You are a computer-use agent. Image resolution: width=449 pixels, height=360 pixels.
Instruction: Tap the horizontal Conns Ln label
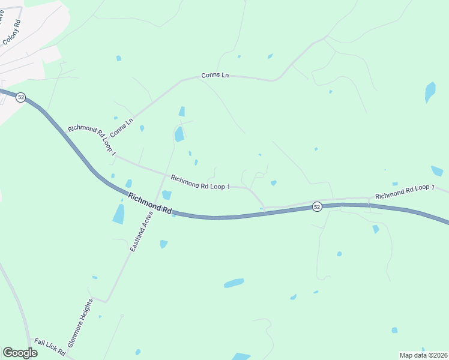tap(214, 76)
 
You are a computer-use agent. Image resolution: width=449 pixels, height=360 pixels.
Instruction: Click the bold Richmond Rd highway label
tap(150, 204)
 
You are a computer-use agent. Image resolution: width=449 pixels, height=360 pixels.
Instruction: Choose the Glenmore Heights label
tap(81, 323)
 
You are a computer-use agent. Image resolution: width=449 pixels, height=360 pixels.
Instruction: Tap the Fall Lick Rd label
tap(49, 346)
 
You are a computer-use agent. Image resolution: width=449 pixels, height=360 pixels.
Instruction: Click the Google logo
tap(20, 352)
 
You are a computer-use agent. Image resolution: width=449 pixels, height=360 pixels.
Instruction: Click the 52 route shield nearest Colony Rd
tap(20, 97)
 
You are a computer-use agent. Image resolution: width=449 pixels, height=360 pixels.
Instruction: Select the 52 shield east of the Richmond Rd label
tap(317, 207)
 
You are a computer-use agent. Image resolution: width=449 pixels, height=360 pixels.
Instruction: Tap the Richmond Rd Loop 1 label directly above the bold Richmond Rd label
tap(200, 182)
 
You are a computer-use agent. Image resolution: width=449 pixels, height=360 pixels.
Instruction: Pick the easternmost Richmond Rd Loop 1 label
tap(405, 192)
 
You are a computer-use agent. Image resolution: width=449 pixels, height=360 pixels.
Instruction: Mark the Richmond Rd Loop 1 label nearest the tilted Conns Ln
tap(91, 137)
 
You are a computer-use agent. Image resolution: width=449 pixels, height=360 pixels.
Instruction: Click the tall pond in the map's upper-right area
tap(430, 92)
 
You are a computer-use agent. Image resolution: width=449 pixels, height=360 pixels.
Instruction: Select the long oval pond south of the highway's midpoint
tap(234, 283)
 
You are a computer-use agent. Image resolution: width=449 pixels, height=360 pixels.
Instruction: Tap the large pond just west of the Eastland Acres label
tap(119, 214)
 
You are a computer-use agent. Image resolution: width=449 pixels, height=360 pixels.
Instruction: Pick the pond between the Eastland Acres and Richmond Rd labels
tap(166, 195)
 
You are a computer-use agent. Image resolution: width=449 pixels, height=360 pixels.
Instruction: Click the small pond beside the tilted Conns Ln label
tap(142, 128)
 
